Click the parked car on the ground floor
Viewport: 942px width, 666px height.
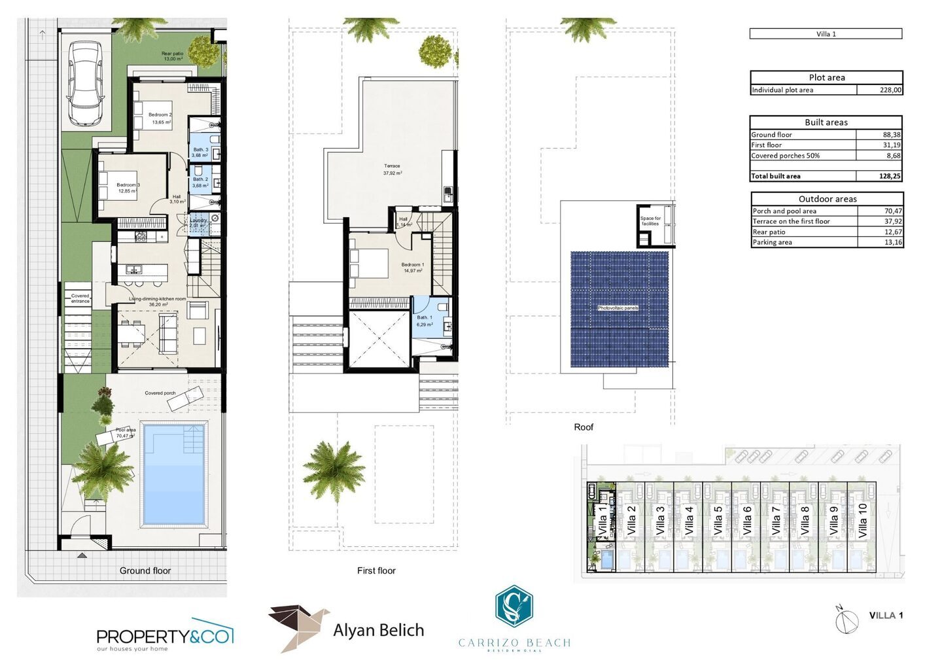tap(86, 84)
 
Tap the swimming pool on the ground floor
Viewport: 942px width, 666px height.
tap(174, 474)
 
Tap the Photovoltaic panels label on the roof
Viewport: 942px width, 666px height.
tap(618, 307)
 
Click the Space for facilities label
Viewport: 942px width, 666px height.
tap(650, 221)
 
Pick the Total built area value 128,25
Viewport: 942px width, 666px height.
tap(890, 176)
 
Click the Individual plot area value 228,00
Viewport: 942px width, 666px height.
tap(890, 90)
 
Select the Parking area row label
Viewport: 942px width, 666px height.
tap(772, 243)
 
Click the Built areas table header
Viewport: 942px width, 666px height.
tap(826, 122)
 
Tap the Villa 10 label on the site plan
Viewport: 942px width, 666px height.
tap(862, 520)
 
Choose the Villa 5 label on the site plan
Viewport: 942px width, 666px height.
tap(718, 520)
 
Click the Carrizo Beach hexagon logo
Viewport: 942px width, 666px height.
tap(514, 606)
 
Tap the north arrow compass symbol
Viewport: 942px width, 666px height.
tap(846, 620)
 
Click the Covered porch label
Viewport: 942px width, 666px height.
tap(160, 393)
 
